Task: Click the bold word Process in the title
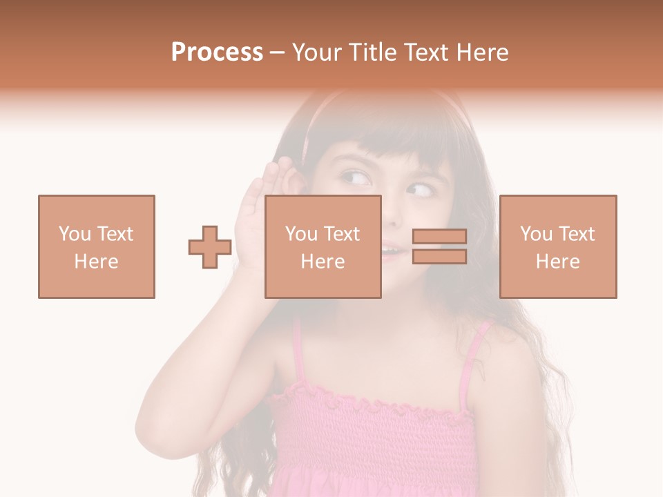[x=217, y=52]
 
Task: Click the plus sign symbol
[x=210, y=246]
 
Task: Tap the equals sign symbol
[x=439, y=246]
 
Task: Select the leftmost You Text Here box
[x=97, y=246]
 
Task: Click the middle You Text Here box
[x=323, y=246]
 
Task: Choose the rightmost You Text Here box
[x=558, y=246]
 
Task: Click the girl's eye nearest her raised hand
[x=356, y=179]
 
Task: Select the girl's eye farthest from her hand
[x=419, y=188]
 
